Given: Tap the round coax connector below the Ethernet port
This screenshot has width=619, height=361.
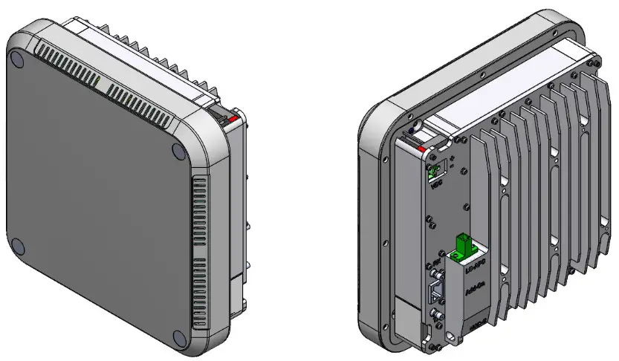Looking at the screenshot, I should (436, 320).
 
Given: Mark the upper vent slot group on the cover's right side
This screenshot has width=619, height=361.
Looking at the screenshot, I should (198, 215).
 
